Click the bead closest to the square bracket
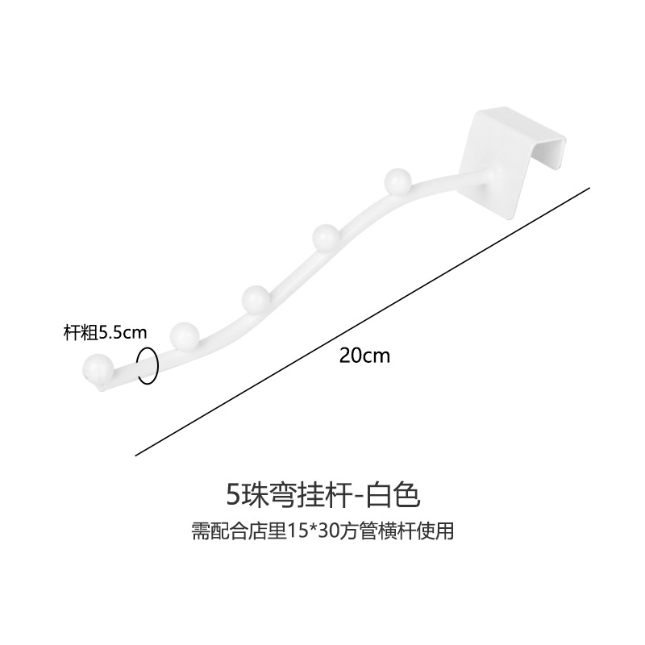[397, 179]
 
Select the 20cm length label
[364, 356]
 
